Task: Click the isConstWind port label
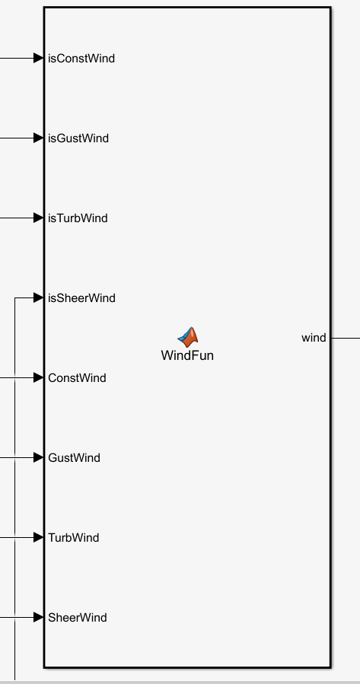pos(81,59)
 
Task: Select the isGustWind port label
pos(78,138)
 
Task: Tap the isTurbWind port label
pos(78,218)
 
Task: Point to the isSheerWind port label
pos(81,298)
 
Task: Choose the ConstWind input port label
pos(77,378)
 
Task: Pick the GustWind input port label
pos(74,457)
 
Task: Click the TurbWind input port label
pos(74,537)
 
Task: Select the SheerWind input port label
pos(78,617)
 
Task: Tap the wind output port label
pos(314,338)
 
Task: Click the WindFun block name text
pos(187,355)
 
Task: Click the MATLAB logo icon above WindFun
pos(188,337)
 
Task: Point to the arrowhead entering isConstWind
pos(38,58)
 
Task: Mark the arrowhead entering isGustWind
pos(38,138)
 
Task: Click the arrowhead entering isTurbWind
pos(38,218)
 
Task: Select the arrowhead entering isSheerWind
pos(38,297)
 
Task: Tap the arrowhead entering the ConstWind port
pos(38,377)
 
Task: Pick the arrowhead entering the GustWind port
pos(38,457)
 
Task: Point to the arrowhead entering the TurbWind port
pos(38,537)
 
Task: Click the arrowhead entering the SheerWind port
pos(38,617)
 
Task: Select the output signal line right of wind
pos(346,338)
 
